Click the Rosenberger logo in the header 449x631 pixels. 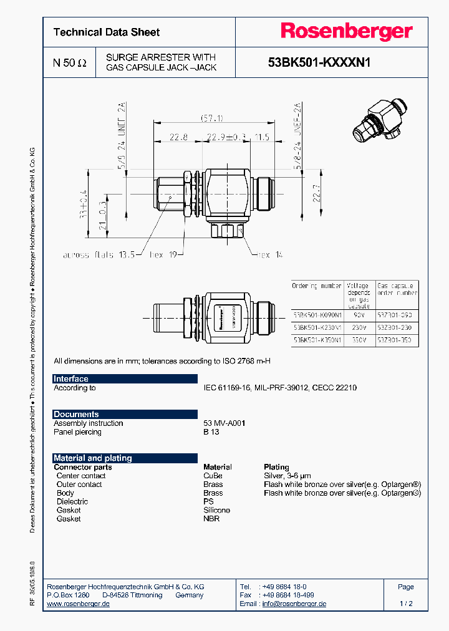[345, 32]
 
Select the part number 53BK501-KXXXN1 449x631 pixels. [319, 62]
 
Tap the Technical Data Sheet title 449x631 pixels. [107, 32]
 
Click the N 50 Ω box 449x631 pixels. [70, 62]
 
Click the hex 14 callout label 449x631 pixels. [269, 254]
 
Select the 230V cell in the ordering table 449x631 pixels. [358, 327]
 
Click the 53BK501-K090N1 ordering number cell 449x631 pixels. [317, 315]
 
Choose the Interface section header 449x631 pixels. [71, 379]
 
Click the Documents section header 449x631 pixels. [76, 414]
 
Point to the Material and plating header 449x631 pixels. [92, 458]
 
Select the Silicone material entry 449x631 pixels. [216, 510]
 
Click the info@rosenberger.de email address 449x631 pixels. [294, 604]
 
